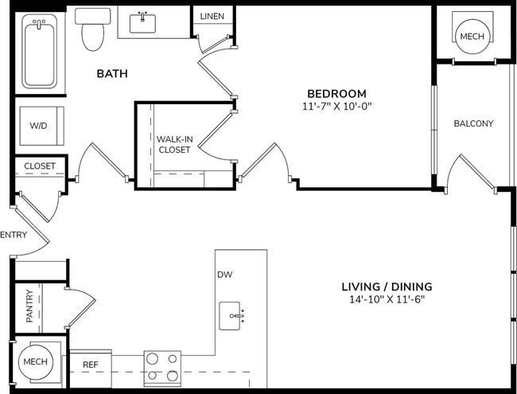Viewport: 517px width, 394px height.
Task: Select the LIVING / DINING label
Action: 387,287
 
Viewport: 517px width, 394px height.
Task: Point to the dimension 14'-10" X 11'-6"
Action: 387,300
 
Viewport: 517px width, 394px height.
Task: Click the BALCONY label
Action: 473,123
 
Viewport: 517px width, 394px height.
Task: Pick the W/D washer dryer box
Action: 38,126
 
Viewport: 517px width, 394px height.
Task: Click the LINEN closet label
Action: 212,16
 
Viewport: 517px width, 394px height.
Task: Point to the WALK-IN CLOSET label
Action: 174,143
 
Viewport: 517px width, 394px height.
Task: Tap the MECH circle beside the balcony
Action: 472,35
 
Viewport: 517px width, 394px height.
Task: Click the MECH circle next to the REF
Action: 35,361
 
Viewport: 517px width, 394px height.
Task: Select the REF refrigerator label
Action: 90,364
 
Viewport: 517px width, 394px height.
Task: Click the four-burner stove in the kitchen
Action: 161,369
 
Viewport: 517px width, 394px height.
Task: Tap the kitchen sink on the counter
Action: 235,316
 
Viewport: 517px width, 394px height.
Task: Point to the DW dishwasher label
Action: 224,275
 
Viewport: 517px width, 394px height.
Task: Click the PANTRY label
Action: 29,306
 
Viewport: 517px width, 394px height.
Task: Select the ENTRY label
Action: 14,234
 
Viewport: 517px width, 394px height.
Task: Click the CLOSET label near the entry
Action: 39,166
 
